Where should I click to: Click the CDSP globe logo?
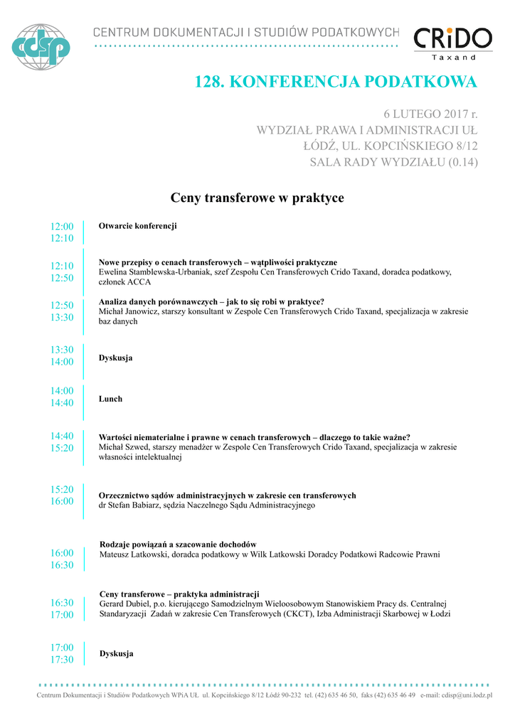pyautogui.click(x=43, y=47)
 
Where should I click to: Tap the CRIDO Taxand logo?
pyautogui.click(x=453, y=43)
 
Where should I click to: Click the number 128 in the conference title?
pyautogui.click(x=209, y=82)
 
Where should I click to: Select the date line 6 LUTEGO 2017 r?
pyautogui.click(x=430, y=114)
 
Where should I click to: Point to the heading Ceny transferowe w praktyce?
pyautogui.click(x=257, y=198)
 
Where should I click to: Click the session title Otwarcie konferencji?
pyautogui.click(x=137, y=226)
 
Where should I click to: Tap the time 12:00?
pyautogui.click(x=62, y=227)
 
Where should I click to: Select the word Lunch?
pyautogui.click(x=110, y=399)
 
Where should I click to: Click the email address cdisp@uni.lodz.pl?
pyautogui.click(x=467, y=695)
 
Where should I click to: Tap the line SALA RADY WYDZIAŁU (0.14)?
pyautogui.click(x=393, y=163)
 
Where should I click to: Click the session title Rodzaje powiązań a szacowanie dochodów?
pyautogui.click(x=178, y=545)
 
